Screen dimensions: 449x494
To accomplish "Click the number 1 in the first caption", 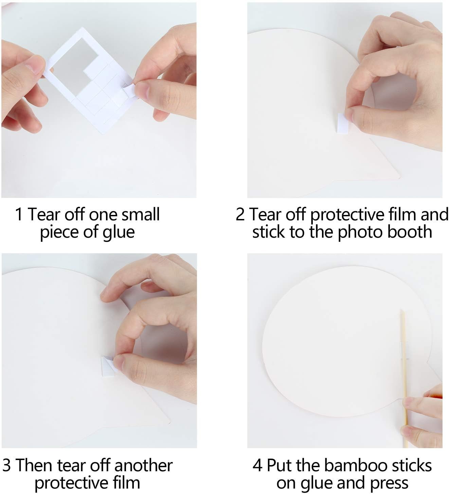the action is click(x=19, y=214).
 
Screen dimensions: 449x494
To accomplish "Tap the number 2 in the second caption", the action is click(x=240, y=214).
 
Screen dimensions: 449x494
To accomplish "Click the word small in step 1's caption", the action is click(x=141, y=214).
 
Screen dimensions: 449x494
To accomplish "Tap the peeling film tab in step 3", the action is click(x=108, y=366).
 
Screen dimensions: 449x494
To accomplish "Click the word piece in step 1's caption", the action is click(x=60, y=233).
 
